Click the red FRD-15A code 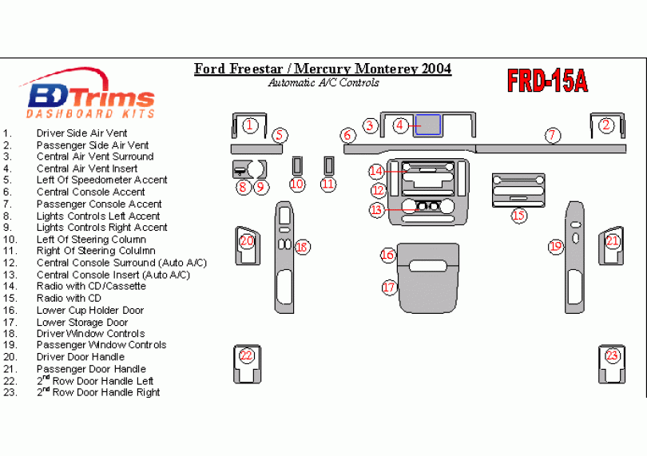pos(547,80)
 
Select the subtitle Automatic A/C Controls pos(323,82)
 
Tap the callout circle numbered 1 pos(250,125)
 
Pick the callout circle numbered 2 pos(606,125)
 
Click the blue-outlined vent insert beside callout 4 pos(429,125)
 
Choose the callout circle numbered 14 pos(376,171)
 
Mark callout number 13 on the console pos(377,209)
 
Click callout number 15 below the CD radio pos(519,215)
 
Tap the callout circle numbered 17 pos(389,287)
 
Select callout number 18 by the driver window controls pos(301,248)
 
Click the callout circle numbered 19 pos(556,247)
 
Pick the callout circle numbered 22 pos(247,355)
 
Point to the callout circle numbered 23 pos(612,355)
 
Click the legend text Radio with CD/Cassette pos(91,286)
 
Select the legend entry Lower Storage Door pos(81,322)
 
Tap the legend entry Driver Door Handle pos(80,357)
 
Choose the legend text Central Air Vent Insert pos(87,169)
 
